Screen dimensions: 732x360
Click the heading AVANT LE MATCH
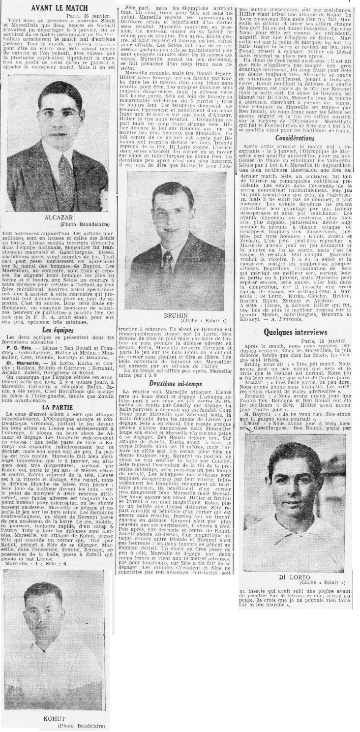pyautogui.click(x=60, y=7)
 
